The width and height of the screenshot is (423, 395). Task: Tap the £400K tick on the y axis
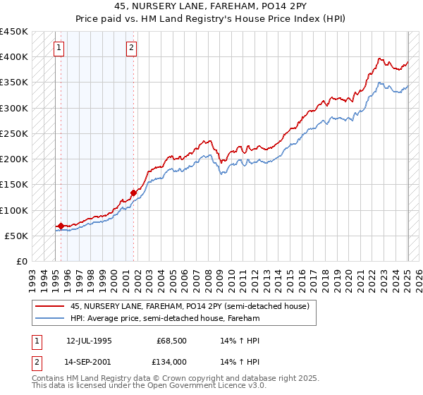14,57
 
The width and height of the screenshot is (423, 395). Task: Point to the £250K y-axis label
14,133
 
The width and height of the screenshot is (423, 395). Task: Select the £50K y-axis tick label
17,236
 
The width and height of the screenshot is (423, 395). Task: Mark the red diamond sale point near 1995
61,226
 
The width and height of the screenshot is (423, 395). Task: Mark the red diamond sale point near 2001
133,192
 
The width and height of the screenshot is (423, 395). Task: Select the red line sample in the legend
49,306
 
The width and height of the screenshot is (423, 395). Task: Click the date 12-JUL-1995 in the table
89,340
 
